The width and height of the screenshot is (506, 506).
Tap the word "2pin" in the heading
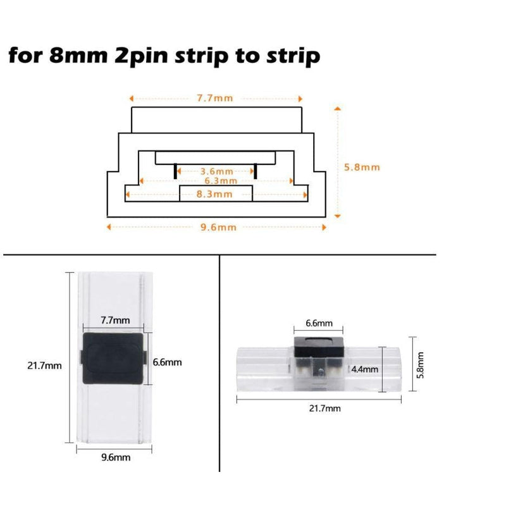click(143, 56)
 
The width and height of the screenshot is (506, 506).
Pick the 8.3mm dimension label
click(214, 194)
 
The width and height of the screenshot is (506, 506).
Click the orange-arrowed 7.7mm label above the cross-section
click(215, 99)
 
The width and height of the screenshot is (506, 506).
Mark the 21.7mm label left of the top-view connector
click(44, 366)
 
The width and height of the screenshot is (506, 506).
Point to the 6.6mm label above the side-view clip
click(319, 323)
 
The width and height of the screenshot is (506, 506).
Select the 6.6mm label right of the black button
click(168, 362)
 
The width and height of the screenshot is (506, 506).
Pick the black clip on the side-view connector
click(319, 345)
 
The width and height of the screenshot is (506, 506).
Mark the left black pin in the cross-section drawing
click(174, 171)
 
